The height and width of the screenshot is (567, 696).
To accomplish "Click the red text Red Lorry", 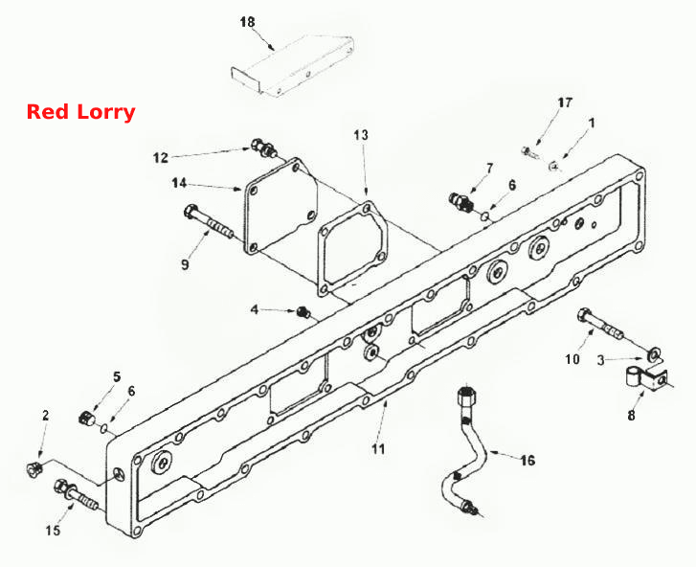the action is click(80, 112).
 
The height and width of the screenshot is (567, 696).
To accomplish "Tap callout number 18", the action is click(248, 22).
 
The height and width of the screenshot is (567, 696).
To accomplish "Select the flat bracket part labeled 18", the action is click(293, 64).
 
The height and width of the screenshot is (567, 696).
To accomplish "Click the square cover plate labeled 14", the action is click(281, 206).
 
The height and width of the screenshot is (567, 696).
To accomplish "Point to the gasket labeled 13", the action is click(353, 249).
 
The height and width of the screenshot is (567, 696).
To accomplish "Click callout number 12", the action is click(161, 158).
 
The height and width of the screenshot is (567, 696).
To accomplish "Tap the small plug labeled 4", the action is click(303, 311).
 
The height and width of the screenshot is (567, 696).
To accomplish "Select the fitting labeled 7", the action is click(461, 201).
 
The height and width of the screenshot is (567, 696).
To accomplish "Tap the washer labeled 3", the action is click(652, 353).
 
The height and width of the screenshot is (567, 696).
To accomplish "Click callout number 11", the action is click(378, 449).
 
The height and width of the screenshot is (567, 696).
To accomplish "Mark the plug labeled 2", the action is click(34, 468).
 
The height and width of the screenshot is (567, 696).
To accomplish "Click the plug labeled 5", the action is click(85, 419).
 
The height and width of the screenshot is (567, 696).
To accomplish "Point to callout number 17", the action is click(565, 103).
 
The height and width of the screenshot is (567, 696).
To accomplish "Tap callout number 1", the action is click(591, 123).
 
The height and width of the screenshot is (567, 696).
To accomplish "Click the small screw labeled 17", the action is click(529, 152).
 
